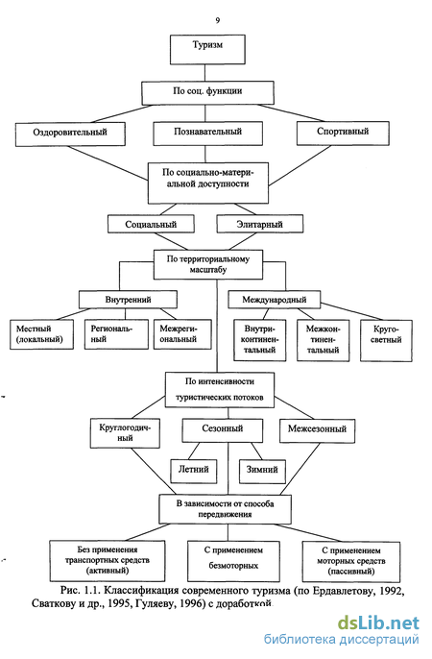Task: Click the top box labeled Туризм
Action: coord(207,50)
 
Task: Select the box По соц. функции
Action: coord(207,93)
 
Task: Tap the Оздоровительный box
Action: coord(70,134)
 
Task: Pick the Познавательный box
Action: coord(207,134)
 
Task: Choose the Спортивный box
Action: coord(343,134)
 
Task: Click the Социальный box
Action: coord(151,224)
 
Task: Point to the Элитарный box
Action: coord(260,224)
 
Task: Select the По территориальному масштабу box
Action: coord(208,265)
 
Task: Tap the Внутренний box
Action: coord(128,300)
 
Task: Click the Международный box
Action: coord(275,300)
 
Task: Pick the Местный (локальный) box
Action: coord(41,334)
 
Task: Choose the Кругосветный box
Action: coord(386,340)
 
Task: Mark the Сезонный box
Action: coord(223,430)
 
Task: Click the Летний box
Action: coord(194,471)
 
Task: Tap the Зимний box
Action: coord(262,472)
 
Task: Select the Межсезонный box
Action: coord(318,430)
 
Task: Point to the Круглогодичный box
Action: coord(125,433)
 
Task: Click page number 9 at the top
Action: coord(218,20)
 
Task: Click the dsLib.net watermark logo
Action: coord(378,623)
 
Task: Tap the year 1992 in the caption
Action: coord(392,591)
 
